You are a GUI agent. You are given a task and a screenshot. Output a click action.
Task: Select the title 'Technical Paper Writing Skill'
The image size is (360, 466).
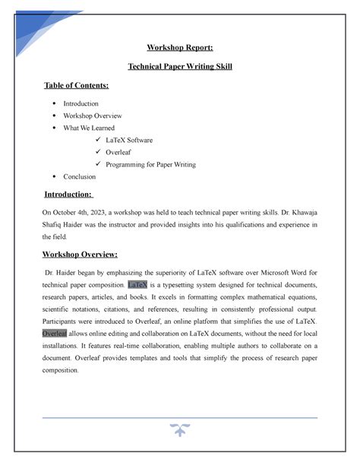pyautogui.click(x=180, y=67)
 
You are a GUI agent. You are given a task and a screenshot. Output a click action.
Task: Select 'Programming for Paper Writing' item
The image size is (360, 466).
pyautogui.click(x=151, y=164)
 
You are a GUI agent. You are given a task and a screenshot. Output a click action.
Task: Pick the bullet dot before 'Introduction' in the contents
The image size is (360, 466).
pyautogui.click(x=58, y=103)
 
